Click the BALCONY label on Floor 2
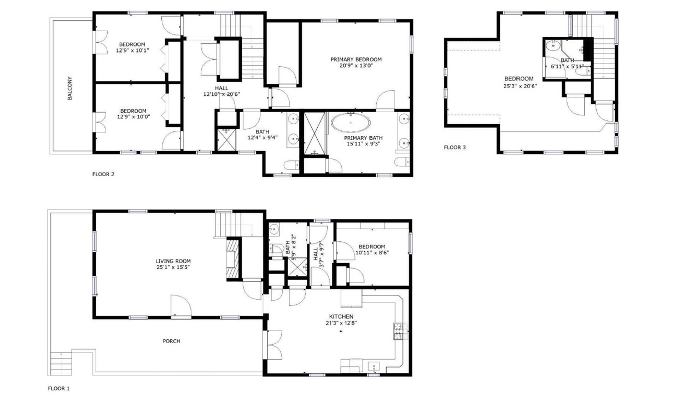point(69,88)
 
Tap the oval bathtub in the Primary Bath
point(351,123)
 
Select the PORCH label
point(171,341)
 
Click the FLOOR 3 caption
point(454,147)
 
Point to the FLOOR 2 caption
point(103,174)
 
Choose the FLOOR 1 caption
point(59,389)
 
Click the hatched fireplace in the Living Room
point(233,259)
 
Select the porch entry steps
point(61,364)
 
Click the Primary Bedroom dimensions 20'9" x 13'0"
point(356,66)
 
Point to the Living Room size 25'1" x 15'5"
point(173,268)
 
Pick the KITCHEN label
point(341,317)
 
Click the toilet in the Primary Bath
point(402,162)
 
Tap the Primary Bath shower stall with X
point(314,134)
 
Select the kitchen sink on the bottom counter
point(374,367)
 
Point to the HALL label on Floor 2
point(221,88)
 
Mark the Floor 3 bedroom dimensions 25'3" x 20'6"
point(520,86)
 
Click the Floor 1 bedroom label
point(372,246)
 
